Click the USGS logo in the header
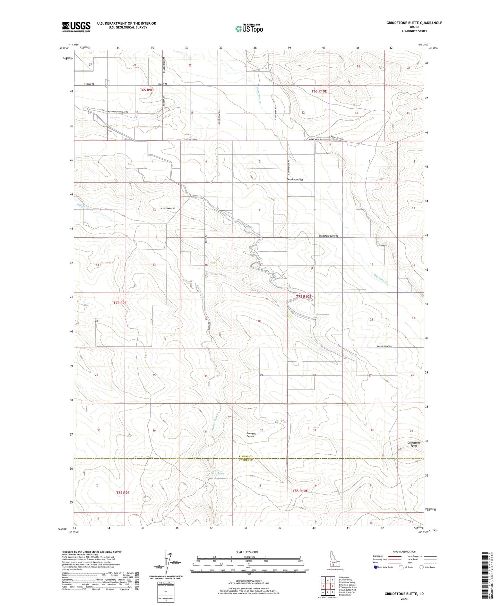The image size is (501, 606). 76,27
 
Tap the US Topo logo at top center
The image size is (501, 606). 249,28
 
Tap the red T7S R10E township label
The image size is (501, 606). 304,297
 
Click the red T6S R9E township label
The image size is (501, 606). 146,90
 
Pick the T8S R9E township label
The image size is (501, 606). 123,492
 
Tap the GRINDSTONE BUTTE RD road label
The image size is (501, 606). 328,236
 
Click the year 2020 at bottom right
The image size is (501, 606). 404,599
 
